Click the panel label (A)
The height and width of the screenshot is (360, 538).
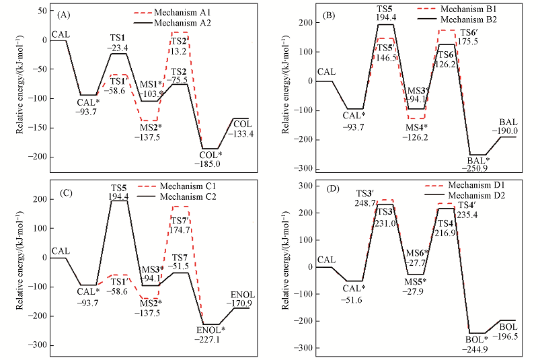pyautogui.click(x=64, y=14)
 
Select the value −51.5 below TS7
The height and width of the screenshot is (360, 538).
pyautogui.click(x=180, y=267)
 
